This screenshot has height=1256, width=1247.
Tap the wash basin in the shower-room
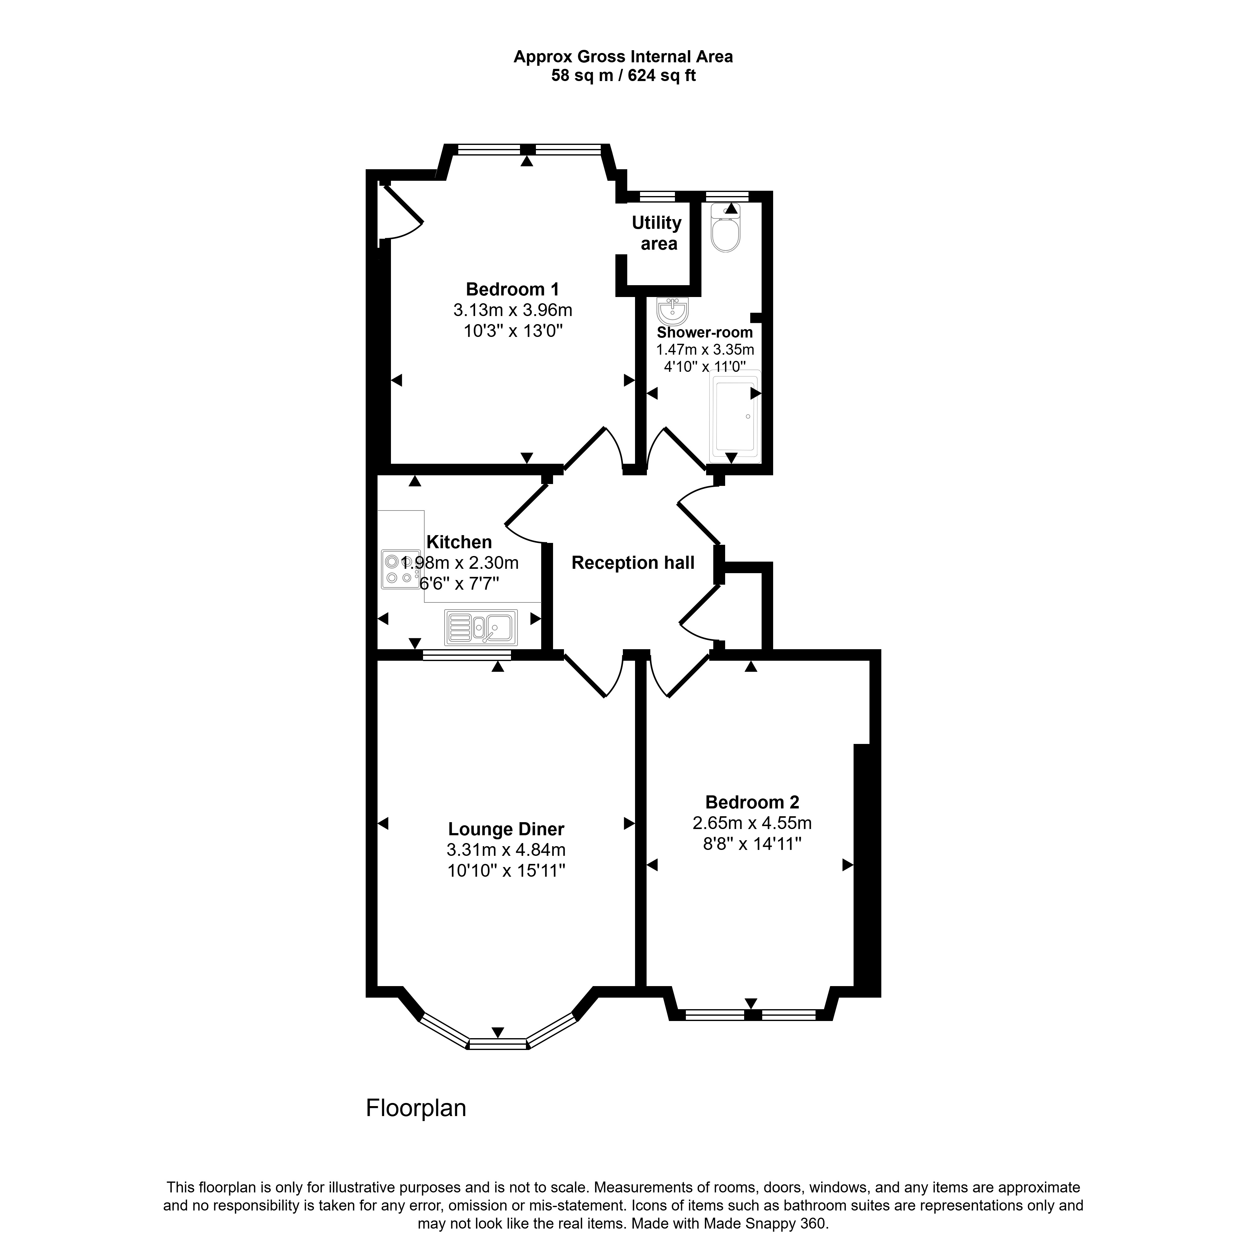[x=672, y=311]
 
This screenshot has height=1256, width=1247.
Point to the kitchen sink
[x=481, y=627]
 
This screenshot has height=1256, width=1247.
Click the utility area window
[x=657, y=195]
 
